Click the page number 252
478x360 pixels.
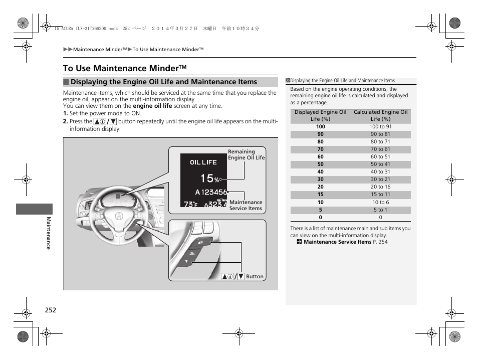click(x=50, y=310)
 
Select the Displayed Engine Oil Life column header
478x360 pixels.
click(x=320, y=116)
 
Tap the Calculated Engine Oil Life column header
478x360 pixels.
click(x=380, y=116)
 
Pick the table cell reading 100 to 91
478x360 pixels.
click(x=380, y=127)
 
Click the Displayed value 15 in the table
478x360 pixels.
click(x=320, y=195)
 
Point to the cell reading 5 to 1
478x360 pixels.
click(x=380, y=210)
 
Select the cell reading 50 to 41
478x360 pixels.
click(x=380, y=164)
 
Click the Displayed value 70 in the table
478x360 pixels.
click(x=320, y=149)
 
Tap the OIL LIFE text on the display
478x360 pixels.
click(x=203, y=162)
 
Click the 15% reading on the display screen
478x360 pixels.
click(x=210, y=178)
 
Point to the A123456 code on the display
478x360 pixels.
click(x=211, y=192)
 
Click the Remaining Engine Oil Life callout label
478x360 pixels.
click(x=246, y=154)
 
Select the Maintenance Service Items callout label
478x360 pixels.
click(x=246, y=206)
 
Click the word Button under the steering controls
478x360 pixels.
click(x=255, y=276)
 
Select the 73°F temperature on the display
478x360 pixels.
click(x=190, y=204)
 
